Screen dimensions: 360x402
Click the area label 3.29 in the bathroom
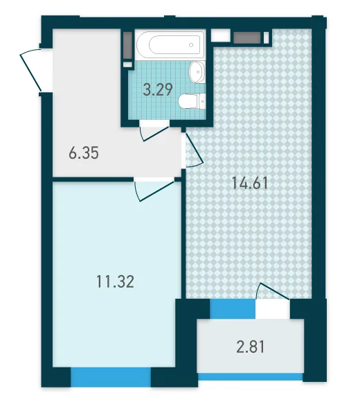coord(158,89)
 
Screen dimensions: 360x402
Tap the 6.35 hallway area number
coord(84,153)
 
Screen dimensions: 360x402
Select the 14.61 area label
coord(250,183)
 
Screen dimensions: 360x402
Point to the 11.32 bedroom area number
coord(115,281)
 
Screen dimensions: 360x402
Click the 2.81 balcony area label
coord(250,347)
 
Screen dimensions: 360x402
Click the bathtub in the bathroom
coord(170,45)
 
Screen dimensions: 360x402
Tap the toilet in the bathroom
coord(192,101)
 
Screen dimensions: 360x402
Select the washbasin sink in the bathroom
coord(197,72)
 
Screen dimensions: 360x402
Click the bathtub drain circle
coord(191,45)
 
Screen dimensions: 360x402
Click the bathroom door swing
coord(155,133)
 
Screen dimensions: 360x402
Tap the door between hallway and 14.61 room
coord(194,150)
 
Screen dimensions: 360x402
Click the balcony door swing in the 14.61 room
coord(273,291)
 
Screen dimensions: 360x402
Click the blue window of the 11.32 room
coord(110,376)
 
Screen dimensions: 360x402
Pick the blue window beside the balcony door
coord(233,308)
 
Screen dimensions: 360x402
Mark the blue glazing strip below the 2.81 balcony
coord(250,376)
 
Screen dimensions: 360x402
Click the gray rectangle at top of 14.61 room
coord(247,37)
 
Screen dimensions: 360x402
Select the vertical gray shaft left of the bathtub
coord(127,46)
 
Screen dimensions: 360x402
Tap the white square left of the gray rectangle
coord(220,35)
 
